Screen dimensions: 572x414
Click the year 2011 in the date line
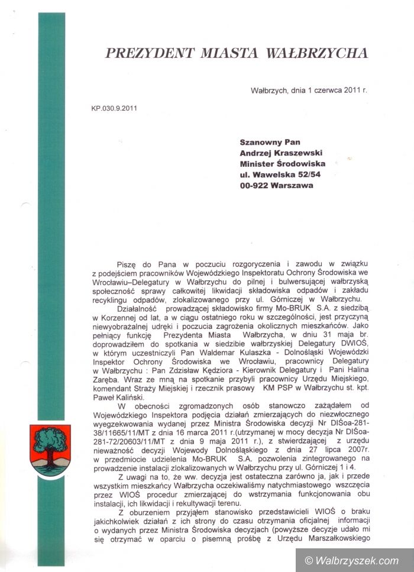pos(352,91)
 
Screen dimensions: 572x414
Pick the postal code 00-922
pos(255,185)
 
